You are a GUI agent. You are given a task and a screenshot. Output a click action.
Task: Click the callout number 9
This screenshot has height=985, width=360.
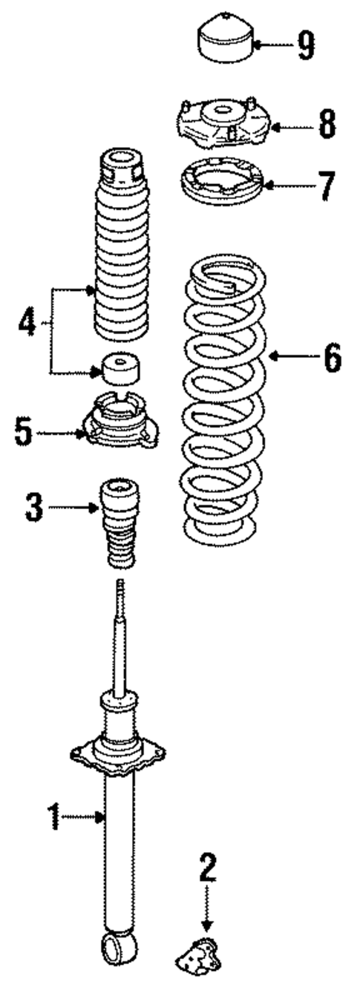[305, 45]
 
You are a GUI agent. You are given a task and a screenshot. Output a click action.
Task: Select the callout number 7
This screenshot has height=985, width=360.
[327, 186]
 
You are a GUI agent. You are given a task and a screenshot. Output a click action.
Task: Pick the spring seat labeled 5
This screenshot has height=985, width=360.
[122, 424]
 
